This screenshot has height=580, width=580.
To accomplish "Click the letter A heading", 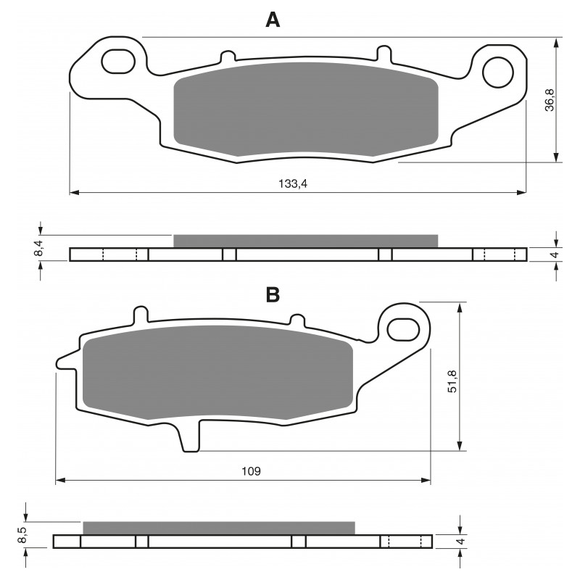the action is point(273,20).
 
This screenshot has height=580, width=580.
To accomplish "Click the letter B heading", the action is point(273,295).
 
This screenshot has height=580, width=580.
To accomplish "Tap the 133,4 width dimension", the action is point(293,183).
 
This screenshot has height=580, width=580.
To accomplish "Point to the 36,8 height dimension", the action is point(550,99).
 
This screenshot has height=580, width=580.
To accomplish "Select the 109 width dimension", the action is point(251,471).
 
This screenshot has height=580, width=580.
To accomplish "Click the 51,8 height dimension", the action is point(452,381).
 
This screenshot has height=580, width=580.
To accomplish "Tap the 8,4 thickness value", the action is point(38,248).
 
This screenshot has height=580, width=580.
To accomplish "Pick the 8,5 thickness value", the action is point(22,535).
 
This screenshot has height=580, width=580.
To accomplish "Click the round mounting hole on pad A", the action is point(498,72).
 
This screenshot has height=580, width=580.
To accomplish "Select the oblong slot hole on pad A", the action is point(118,61).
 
